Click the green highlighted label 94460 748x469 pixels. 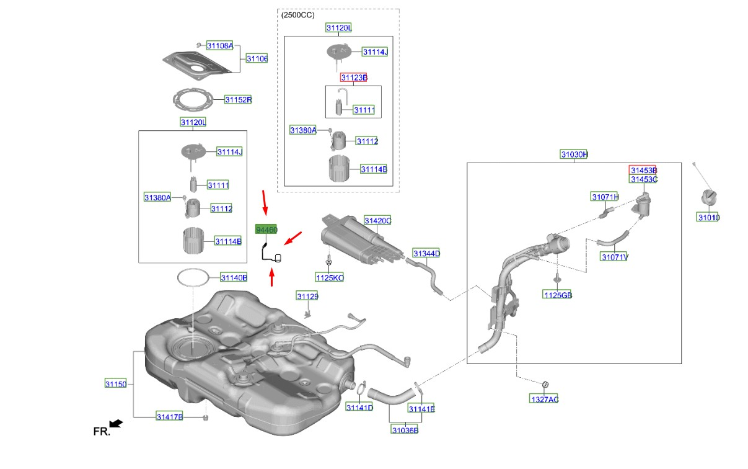(266, 230)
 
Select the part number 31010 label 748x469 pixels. (708, 217)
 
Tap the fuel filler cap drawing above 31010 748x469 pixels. (708, 199)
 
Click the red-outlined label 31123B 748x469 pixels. (354, 78)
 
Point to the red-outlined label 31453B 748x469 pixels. (643, 170)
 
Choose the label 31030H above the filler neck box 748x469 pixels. (574, 154)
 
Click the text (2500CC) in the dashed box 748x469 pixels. (297, 15)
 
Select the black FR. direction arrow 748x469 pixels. (116, 423)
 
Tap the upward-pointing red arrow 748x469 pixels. (271, 276)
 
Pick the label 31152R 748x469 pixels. (238, 99)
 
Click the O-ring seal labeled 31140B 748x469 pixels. (193, 277)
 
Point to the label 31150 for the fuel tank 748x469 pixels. (115, 384)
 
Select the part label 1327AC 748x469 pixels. (543, 399)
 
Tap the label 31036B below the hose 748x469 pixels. (405, 430)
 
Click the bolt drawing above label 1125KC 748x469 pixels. (328, 260)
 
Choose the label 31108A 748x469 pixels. (220, 45)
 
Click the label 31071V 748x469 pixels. (614, 257)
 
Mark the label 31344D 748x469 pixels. (426, 253)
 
